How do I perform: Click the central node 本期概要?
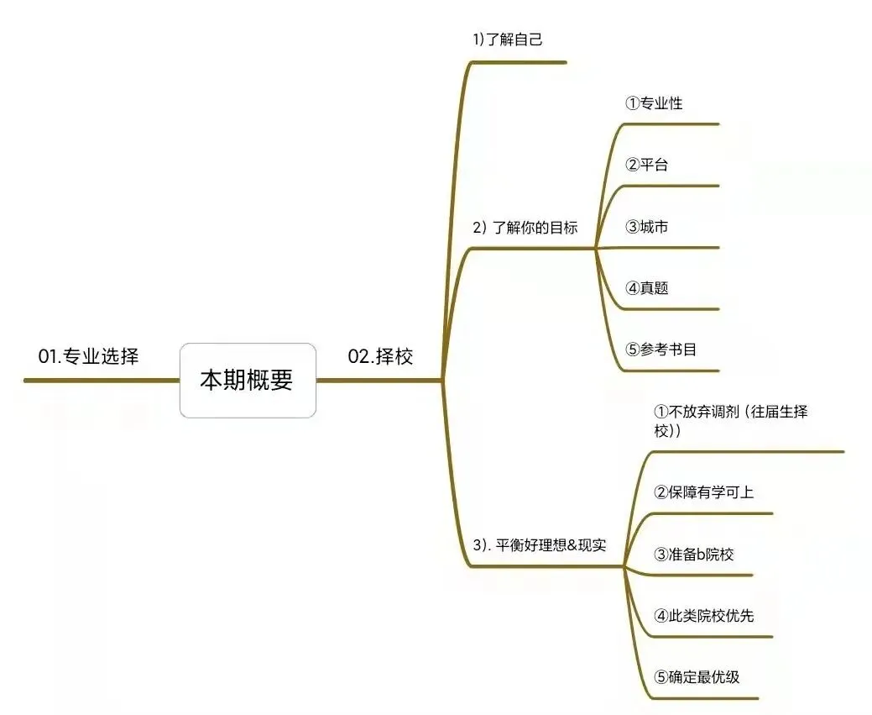tap(248, 380)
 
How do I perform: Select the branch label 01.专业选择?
tap(88, 356)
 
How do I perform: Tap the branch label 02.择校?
tap(380, 356)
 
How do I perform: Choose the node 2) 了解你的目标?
tap(525, 227)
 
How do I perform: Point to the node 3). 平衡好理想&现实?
tap(540, 545)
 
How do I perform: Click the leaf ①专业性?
tap(654, 103)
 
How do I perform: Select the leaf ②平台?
tap(646, 165)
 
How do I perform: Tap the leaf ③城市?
tap(646, 227)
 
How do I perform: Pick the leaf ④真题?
tap(646, 288)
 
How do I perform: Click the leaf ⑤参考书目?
tap(661, 350)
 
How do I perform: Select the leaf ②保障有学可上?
tap(703, 492)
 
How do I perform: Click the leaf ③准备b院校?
tap(694, 555)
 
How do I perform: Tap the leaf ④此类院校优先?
tap(703, 616)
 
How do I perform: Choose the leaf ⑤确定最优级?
tap(697, 676)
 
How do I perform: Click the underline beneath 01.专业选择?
tap(101, 381)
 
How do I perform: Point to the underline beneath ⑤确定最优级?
tap(705, 697)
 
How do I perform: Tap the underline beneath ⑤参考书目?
tap(671, 371)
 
